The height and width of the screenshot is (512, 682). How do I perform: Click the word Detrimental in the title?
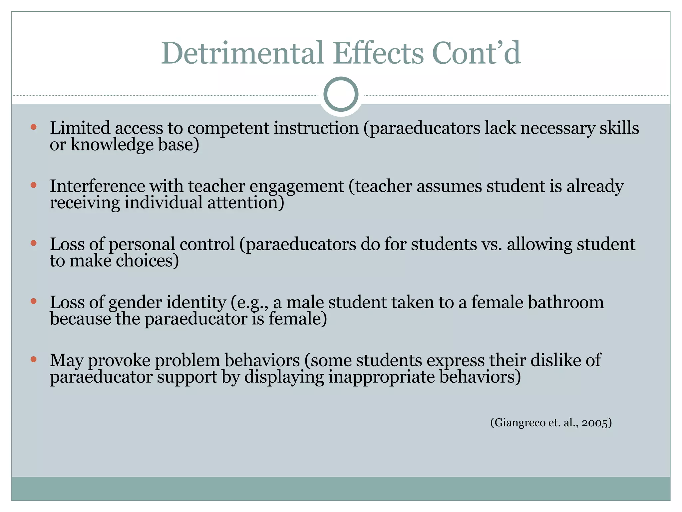[x=242, y=53]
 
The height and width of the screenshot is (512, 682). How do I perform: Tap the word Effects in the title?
[x=378, y=53]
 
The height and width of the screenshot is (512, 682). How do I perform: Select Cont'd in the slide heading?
[x=476, y=53]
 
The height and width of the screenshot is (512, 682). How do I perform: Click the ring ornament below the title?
[x=341, y=94]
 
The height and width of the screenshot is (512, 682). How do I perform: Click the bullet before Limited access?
[x=33, y=127]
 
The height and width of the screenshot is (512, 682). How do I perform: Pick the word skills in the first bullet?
[x=619, y=128]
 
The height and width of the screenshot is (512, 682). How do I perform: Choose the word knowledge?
[x=112, y=145]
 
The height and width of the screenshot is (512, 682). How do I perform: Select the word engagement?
[x=296, y=187]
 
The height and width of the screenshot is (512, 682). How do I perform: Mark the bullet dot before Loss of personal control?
[x=33, y=243]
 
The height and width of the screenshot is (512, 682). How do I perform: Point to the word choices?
[x=147, y=261]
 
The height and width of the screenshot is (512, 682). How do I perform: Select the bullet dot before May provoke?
[x=33, y=359]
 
